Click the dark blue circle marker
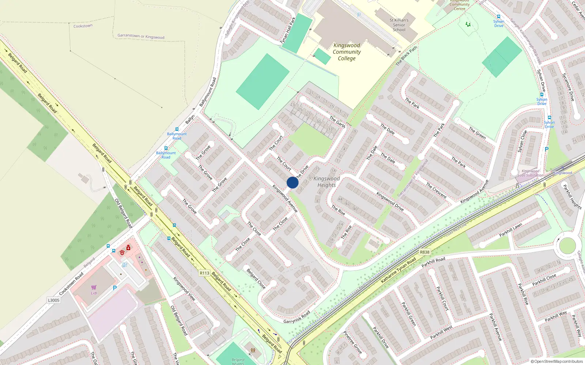point(292,182)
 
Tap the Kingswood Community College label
point(347,52)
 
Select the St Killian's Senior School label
point(399,25)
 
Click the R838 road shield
point(424,252)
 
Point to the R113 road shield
point(204,273)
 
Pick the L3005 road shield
point(53,300)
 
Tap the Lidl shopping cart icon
point(94,288)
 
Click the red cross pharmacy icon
point(128,248)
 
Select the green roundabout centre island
point(567,245)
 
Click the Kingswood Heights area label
point(327,182)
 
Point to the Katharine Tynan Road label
point(398,270)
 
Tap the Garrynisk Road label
point(297,317)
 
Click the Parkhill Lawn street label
point(511,230)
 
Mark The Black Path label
point(406,56)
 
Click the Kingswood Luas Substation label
point(531,173)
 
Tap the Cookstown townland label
point(83,26)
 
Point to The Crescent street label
point(436,190)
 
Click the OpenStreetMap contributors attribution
point(557,361)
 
